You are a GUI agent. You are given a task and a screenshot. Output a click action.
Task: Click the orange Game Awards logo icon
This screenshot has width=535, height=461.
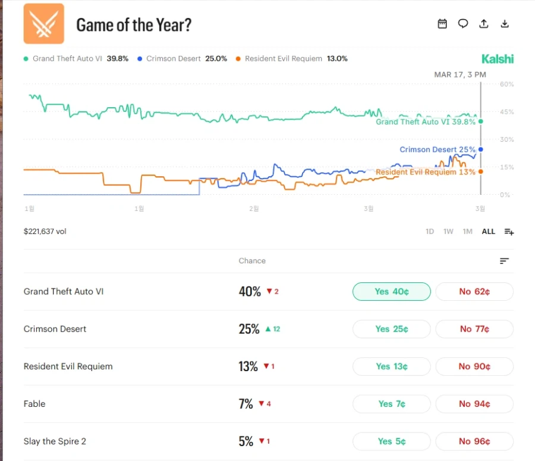[x=43, y=24]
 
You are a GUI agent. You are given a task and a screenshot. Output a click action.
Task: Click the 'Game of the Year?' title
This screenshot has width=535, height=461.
[x=134, y=25]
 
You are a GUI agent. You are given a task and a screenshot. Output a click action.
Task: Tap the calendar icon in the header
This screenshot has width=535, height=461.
[x=442, y=24]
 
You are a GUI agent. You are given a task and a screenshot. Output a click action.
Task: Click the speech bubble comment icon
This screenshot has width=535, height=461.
[x=463, y=24]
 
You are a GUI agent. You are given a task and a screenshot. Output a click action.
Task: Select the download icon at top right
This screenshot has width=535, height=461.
[x=505, y=24]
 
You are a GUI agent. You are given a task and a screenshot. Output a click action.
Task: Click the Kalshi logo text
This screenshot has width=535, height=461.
[x=498, y=59]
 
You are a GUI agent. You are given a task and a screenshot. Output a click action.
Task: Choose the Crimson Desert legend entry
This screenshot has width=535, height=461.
[x=181, y=59]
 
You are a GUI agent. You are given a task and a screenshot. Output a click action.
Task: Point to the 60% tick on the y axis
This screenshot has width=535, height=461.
[x=506, y=85]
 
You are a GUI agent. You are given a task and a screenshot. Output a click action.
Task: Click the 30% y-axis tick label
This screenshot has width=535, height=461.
[x=506, y=139]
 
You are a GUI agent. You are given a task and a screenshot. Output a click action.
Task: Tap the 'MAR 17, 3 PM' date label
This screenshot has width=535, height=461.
[x=460, y=74]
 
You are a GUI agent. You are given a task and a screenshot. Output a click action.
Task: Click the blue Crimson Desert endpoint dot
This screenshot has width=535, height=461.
[x=480, y=149]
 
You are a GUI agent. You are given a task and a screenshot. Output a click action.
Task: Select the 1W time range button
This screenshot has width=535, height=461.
[x=448, y=232]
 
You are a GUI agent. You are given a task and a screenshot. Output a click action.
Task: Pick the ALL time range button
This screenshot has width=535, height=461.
[x=488, y=232]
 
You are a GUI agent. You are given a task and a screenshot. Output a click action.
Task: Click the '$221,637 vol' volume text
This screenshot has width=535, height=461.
[x=45, y=232]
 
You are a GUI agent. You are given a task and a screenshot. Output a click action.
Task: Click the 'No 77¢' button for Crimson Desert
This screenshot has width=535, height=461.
[x=474, y=329]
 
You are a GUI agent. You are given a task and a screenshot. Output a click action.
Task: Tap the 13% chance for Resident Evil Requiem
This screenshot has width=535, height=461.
[x=248, y=366]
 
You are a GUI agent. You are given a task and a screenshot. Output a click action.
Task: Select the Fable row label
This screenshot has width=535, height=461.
[x=34, y=404]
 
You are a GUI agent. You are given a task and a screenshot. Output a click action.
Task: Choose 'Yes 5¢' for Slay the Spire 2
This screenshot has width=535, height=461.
[x=391, y=441]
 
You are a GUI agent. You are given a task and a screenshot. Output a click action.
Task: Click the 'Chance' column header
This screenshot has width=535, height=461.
[x=252, y=261]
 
